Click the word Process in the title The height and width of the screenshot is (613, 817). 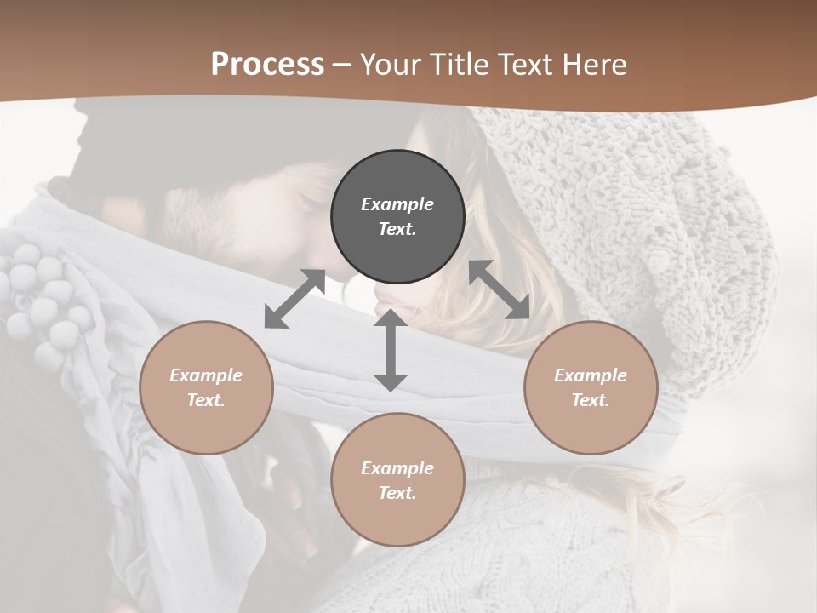coord(267,65)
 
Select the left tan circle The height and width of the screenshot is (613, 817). coord(206,387)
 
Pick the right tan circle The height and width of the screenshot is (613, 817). coord(591,387)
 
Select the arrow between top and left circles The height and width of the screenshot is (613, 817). coord(294,299)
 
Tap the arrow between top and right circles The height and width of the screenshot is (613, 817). coord(500,289)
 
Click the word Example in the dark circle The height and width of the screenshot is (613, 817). coord(397,204)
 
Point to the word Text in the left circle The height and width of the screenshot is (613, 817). coord(206,400)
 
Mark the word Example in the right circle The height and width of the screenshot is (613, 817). coord(591,375)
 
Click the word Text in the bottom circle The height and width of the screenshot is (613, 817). coord(397,493)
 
